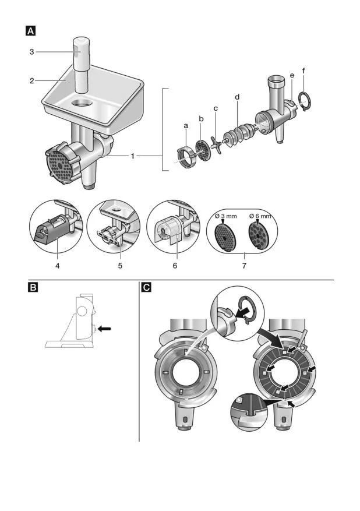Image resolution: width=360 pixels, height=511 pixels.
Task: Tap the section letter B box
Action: pyautogui.click(x=33, y=286)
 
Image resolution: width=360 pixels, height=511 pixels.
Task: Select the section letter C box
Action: pyautogui.click(x=146, y=286)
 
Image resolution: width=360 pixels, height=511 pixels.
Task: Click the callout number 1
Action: pyautogui.click(x=133, y=156)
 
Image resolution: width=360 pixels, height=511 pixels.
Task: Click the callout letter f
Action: pyautogui.click(x=303, y=71)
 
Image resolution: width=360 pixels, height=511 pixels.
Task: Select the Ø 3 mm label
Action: pyautogui.click(x=224, y=216)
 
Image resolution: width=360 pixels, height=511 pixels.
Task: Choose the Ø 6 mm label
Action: pyautogui.click(x=260, y=216)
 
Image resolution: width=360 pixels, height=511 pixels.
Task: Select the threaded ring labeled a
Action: pyautogui.click(x=185, y=157)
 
